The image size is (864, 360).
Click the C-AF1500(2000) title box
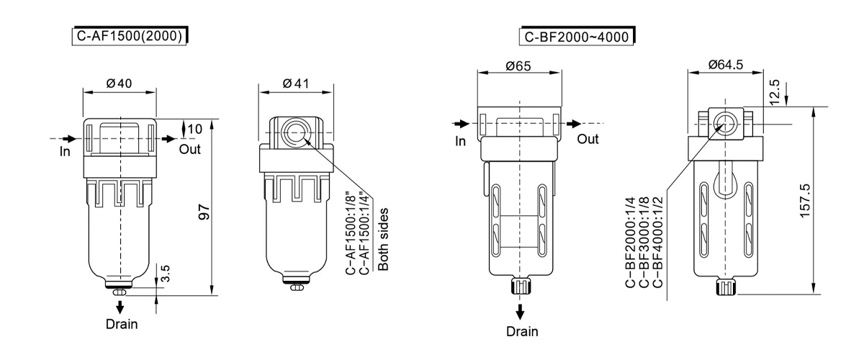[130, 36]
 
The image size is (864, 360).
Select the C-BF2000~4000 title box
[577, 36]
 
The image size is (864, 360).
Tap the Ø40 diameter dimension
[120, 84]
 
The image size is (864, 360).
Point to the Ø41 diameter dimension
[296, 84]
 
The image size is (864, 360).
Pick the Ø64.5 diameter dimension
[726, 64]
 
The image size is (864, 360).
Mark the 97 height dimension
[204, 212]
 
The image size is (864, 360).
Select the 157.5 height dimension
[806, 201]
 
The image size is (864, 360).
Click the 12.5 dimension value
[775, 92]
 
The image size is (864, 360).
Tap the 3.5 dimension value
[165, 274]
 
